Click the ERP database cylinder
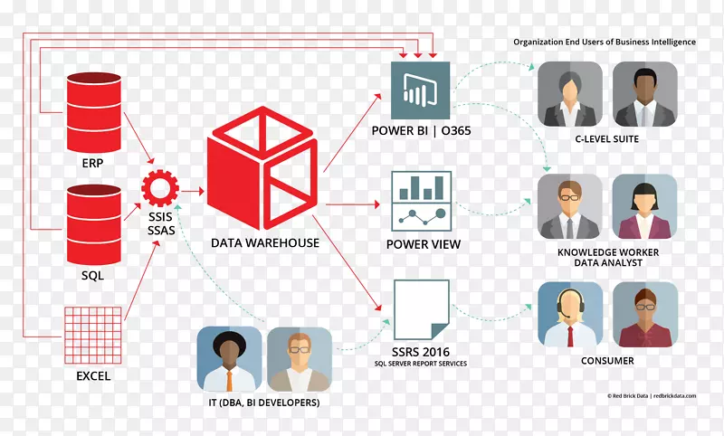point(94,112)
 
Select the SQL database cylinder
point(94,224)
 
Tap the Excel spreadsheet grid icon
point(93,335)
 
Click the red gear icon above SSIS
point(160,188)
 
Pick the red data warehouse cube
point(262,168)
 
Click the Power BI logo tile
point(420,90)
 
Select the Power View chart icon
point(421,201)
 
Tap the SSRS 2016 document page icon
point(422,309)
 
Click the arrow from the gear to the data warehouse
point(192,191)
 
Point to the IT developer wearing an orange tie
point(229,359)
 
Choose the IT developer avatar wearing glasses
point(300,359)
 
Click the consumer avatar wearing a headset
point(570,315)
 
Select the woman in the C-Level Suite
point(570,94)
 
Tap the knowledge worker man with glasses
point(570,206)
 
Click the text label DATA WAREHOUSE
point(265,243)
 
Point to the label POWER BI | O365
point(421,131)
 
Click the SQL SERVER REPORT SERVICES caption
point(421,364)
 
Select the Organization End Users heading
point(605,42)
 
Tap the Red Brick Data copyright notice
point(652,396)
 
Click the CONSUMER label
point(607,361)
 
